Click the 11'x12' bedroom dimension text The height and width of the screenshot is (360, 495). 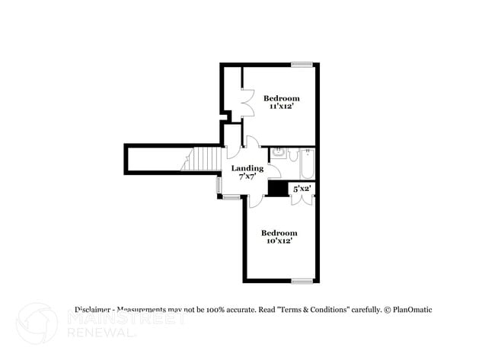click(x=281, y=107)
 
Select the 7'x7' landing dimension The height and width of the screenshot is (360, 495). click(x=247, y=177)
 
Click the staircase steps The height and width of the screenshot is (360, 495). click(x=201, y=160)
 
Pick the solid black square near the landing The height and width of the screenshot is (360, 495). click(x=276, y=189)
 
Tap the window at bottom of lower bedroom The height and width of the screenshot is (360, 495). click(x=302, y=281)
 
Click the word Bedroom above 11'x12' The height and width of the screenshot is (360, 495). click(x=281, y=98)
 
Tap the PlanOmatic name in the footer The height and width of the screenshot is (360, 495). click(x=412, y=310)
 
